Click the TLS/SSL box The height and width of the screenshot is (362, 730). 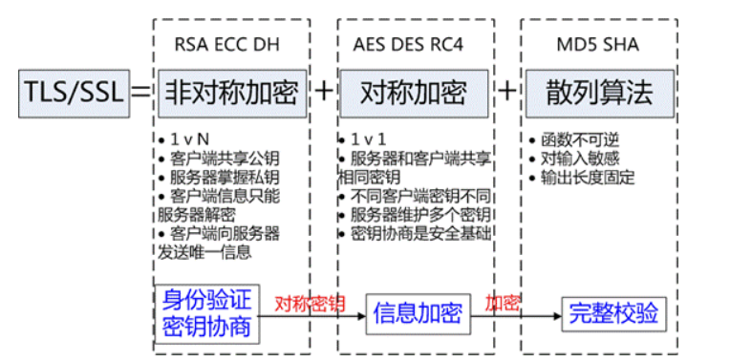(x=66, y=93)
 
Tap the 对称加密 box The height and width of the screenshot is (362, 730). (x=413, y=93)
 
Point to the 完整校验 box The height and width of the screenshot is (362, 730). (x=612, y=313)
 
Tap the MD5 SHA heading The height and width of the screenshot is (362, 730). (x=598, y=43)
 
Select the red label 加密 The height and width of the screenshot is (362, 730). (x=502, y=304)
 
